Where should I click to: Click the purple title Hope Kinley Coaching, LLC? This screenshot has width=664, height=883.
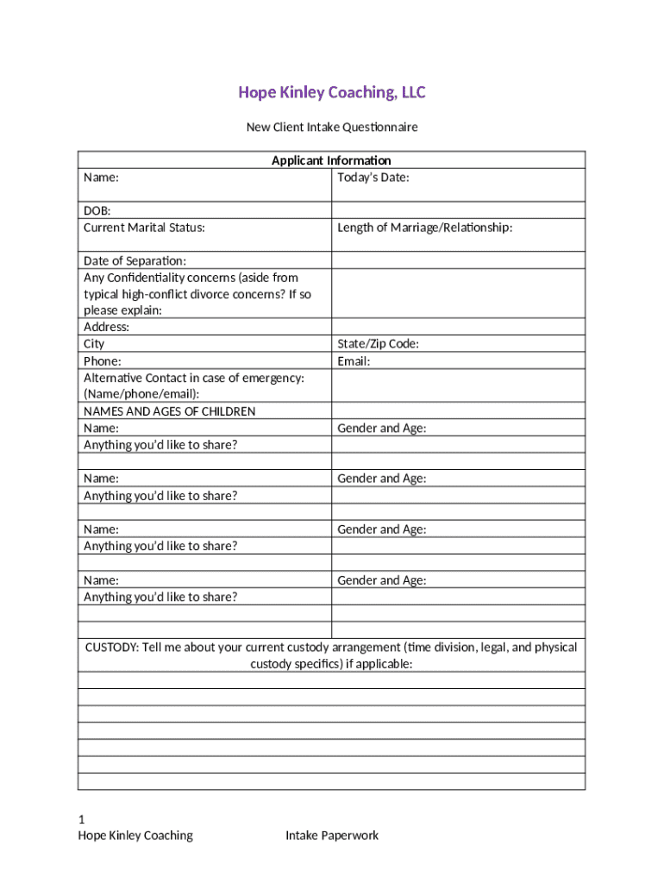click(332, 92)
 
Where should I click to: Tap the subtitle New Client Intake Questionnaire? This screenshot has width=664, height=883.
click(332, 128)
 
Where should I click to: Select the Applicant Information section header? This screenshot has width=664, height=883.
click(331, 160)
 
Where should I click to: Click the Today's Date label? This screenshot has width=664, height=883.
click(373, 178)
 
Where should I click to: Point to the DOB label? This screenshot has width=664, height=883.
click(97, 210)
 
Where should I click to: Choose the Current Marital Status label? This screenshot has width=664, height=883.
click(144, 228)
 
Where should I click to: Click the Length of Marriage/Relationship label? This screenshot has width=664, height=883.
click(425, 228)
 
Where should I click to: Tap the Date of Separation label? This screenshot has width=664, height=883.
click(135, 261)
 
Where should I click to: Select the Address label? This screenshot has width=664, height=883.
click(106, 328)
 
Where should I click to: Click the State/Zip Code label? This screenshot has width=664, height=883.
click(379, 344)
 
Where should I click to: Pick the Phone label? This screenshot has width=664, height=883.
click(102, 361)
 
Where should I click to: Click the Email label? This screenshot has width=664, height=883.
click(354, 361)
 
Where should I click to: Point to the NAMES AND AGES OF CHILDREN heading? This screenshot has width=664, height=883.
click(169, 411)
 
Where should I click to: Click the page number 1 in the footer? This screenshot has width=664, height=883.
click(81, 818)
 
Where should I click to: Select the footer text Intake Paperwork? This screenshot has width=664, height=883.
click(332, 835)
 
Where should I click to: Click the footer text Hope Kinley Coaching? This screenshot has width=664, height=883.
click(135, 835)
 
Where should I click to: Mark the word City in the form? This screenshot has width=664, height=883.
click(94, 344)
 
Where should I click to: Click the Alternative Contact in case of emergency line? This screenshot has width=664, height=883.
click(193, 378)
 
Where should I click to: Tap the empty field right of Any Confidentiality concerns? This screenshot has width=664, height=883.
click(458, 294)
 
